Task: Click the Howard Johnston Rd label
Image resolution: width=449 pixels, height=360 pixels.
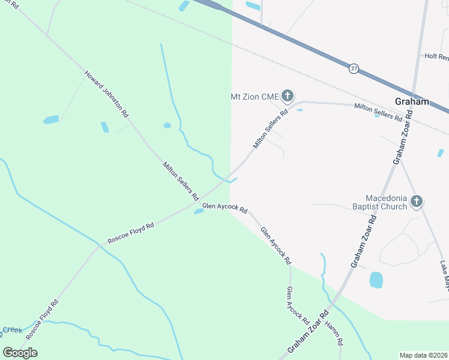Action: [107, 94]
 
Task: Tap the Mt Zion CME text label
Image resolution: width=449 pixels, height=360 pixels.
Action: [255, 96]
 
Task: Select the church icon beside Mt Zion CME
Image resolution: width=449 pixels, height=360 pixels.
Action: [288, 95]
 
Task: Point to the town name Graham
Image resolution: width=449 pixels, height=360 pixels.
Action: [412, 101]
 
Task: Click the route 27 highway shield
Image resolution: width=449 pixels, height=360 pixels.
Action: [354, 69]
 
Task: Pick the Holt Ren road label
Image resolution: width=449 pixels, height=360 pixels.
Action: [436, 56]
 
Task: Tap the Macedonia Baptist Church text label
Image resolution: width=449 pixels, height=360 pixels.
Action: [387, 202]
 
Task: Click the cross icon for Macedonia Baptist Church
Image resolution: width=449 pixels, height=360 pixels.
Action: [417, 202]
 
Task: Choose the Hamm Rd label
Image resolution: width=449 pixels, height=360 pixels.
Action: [334, 333]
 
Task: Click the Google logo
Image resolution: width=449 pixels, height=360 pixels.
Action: [20, 353]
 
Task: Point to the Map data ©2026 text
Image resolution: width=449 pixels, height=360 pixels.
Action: [423, 355]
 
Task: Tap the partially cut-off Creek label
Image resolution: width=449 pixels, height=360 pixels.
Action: [11, 330]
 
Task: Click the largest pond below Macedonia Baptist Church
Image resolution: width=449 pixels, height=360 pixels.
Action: [376, 280]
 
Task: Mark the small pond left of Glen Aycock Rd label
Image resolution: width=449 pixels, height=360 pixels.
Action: [199, 211]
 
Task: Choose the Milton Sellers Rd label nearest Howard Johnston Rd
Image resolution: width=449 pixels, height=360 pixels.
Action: [180, 181]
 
